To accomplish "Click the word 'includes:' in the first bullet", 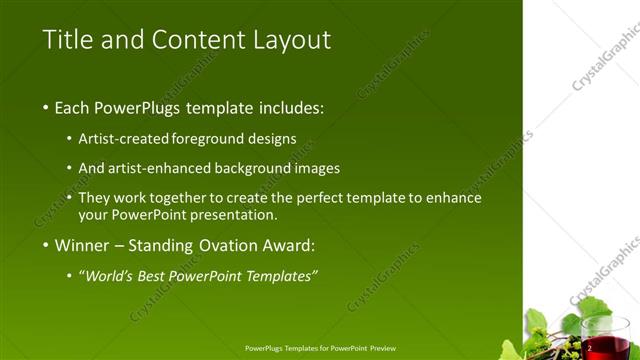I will (x=291, y=107).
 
